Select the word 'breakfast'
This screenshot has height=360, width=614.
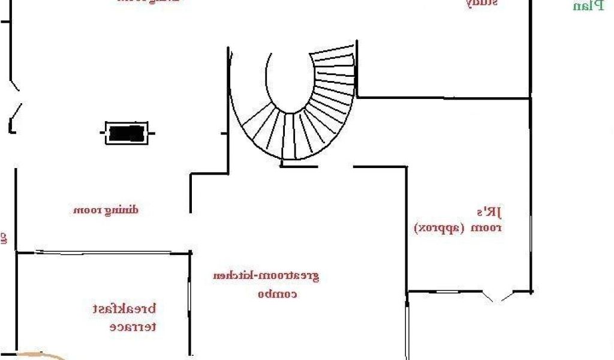pyautogui.click(x=125, y=310)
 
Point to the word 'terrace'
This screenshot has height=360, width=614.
pyautogui.click(x=133, y=327)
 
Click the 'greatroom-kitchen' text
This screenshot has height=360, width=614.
pyautogui.click(x=266, y=276)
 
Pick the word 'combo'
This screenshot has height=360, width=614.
pyautogui.click(x=278, y=294)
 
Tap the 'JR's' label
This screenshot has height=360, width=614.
pyautogui.click(x=489, y=212)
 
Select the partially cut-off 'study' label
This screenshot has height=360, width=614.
pyautogui.click(x=482, y=3)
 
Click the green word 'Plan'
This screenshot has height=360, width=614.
pyautogui.click(x=589, y=7)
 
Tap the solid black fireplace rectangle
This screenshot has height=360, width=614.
pyautogui.click(x=127, y=133)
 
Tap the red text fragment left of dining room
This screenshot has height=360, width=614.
pyautogui.click(x=3, y=238)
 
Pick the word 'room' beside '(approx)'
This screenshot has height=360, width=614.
pyautogui.click(x=486, y=228)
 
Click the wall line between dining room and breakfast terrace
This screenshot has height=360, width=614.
pyautogui.click(x=102, y=253)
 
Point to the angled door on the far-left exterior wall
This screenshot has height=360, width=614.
pyautogui.click(x=16, y=110)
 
